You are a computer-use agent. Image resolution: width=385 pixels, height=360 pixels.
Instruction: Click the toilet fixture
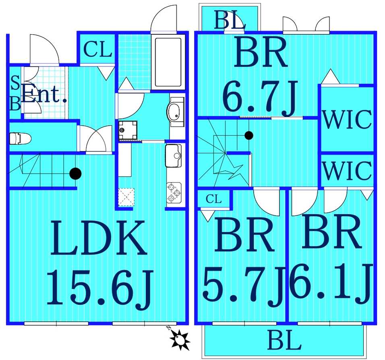20,138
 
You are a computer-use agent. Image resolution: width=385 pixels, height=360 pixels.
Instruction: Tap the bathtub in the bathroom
168,62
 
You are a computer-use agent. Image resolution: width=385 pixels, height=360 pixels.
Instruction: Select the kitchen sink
173,156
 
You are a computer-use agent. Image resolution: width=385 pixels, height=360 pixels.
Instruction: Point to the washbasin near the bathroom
176,112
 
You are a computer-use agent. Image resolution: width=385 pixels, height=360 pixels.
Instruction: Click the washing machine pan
128,130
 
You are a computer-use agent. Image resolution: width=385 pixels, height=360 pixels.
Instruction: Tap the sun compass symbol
180,339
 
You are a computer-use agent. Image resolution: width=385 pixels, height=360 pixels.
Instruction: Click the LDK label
98,238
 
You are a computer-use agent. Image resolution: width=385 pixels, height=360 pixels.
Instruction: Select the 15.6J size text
100,289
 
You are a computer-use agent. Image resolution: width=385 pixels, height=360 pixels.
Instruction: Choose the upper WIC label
347,120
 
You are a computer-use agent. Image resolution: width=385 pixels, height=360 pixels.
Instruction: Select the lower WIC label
347,170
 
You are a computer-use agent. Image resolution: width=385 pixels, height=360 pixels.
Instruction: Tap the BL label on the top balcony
230,20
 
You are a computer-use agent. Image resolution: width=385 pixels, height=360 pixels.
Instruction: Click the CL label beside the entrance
98,50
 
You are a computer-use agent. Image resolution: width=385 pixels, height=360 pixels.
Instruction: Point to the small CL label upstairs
214,199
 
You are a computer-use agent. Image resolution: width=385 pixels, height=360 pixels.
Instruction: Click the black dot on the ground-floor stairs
75,174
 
